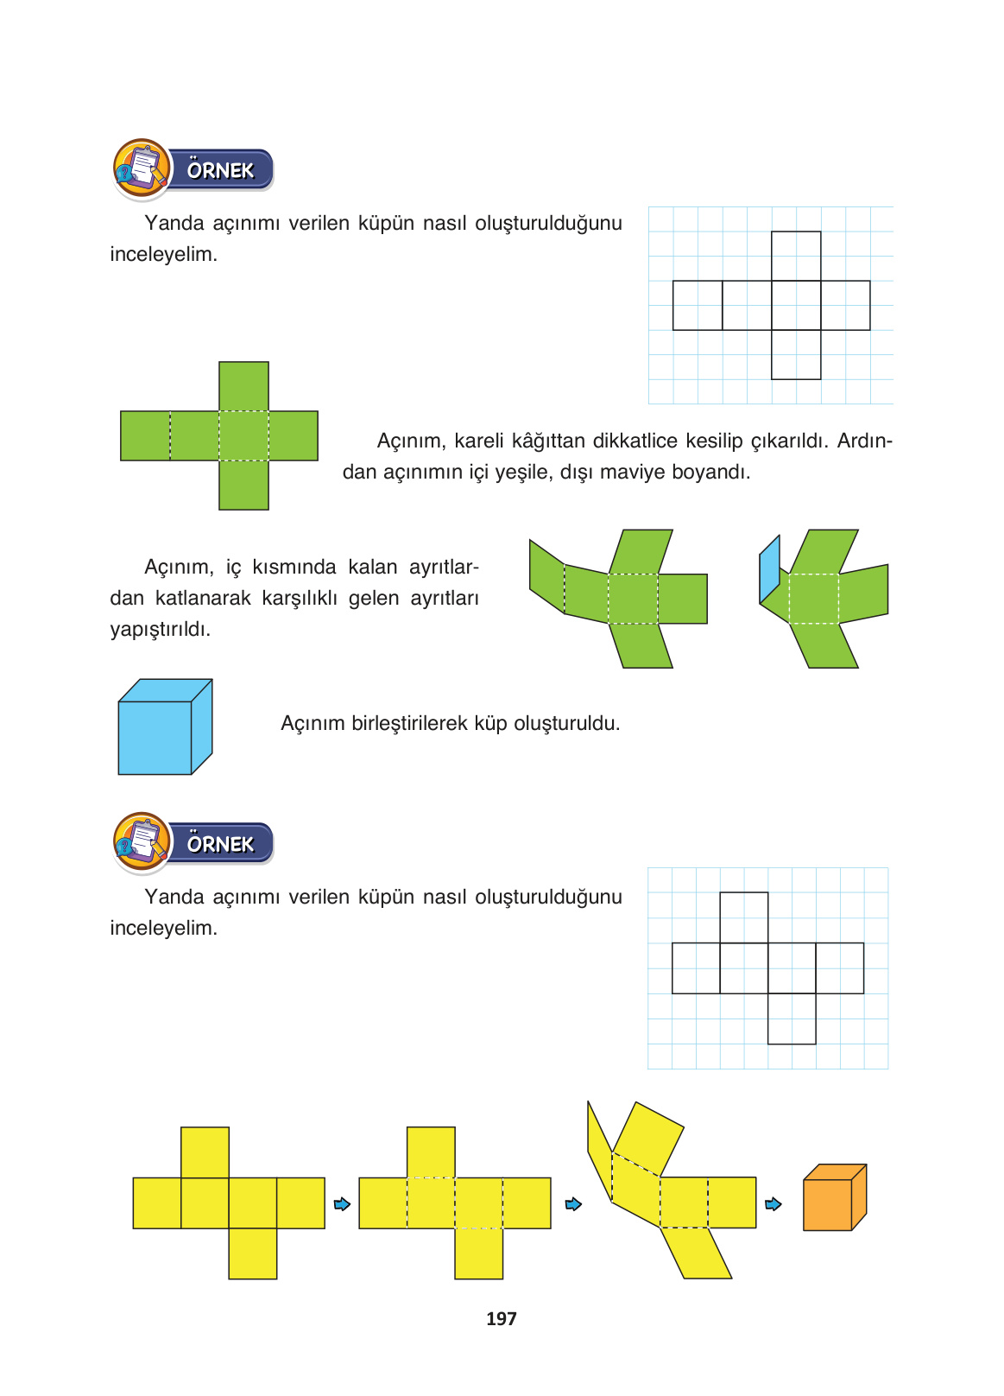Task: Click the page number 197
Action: click(501, 1318)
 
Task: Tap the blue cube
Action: click(155, 736)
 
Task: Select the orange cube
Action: click(828, 1204)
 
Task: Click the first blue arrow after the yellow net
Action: click(342, 1203)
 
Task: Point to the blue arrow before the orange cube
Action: click(774, 1203)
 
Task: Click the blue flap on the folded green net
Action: click(770, 569)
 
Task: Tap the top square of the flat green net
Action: click(243, 386)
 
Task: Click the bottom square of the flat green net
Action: click(243, 485)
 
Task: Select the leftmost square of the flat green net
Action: click(145, 435)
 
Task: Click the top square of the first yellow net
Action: click(205, 1152)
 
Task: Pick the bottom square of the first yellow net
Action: click(253, 1253)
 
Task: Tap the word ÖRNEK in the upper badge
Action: click(220, 170)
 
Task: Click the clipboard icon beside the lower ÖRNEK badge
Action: click(142, 841)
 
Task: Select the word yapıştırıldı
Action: click(161, 629)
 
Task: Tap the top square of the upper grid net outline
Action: click(796, 256)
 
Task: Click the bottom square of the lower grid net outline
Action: click(792, 1018)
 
